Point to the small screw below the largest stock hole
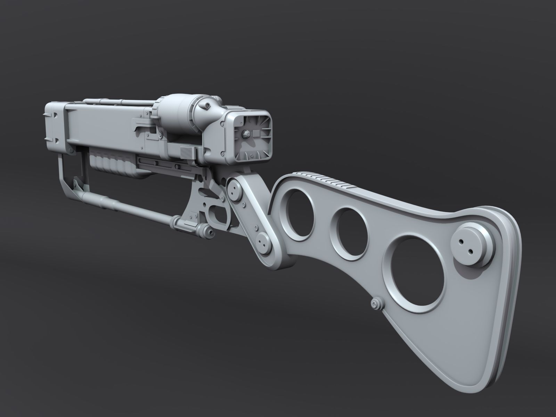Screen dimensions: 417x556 click(x=376, y=303)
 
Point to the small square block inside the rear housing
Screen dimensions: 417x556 click(x=257, y=133)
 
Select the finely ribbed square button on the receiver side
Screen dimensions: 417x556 click(x=186, y=152)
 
